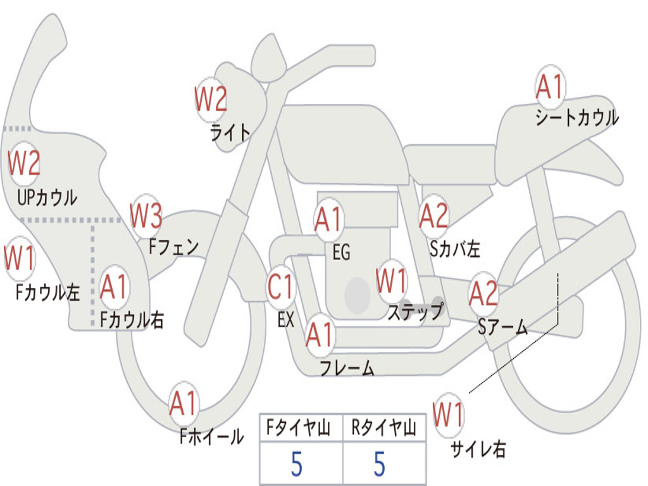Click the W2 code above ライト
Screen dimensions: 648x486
click(211, 99)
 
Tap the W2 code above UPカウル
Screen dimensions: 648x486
click(24, 163)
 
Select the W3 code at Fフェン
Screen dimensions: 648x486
click(146, 216)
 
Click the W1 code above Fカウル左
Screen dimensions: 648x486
click(20, 259)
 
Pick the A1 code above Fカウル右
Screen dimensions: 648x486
click(115, 288)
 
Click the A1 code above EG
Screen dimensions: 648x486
click(328, 220)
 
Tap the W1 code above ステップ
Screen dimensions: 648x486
click(392, 281)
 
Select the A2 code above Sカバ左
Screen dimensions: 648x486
click(434, 216)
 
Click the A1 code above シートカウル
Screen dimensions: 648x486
click(549, 87)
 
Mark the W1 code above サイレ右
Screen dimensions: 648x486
click(449, 416)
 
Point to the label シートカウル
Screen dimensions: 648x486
click(577, 118)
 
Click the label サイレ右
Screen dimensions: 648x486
click(478, 449)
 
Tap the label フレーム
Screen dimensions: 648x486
click(347, 367)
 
